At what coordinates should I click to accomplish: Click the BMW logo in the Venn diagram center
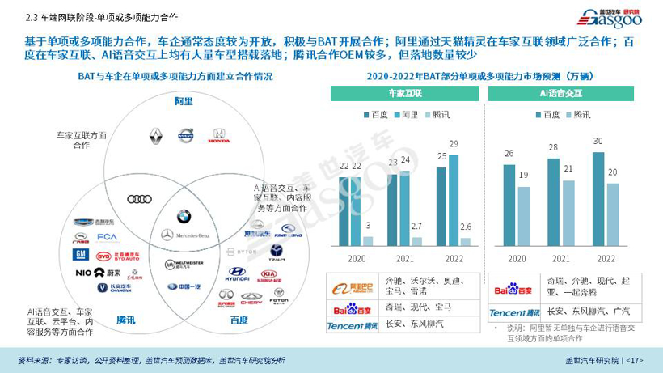point(184,216)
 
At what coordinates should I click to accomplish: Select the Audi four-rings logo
point(140,199)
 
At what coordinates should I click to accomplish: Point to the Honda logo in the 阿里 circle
point(218,136)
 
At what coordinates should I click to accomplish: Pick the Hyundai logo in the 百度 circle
point(237,274)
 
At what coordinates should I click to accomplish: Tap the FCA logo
point(108,238)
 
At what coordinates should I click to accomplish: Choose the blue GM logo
point(80,255)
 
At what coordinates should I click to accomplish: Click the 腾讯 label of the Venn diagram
point(125,320)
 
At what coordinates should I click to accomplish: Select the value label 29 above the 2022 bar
point(454,144)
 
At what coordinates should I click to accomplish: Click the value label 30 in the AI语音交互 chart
point(598,142)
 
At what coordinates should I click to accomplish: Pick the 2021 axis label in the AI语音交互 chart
point(561,259)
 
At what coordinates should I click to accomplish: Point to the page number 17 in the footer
point(635,360)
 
